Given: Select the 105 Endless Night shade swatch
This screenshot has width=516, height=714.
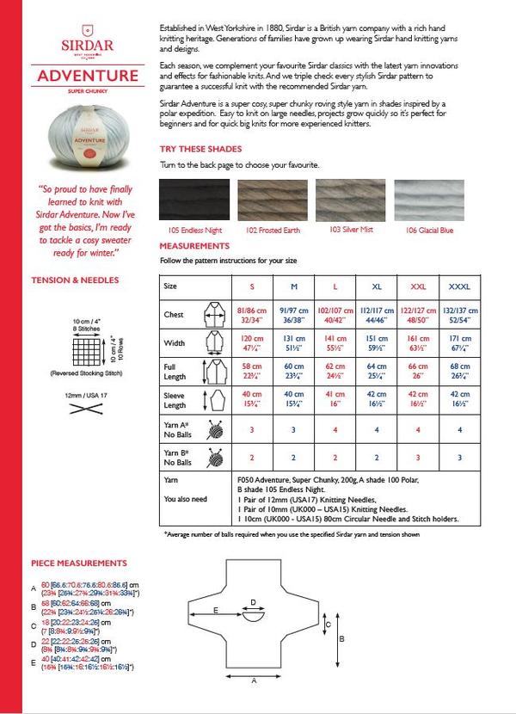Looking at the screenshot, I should click(x=194, y=200).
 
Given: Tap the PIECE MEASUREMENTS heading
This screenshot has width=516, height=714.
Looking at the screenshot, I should click(x=79, y=563).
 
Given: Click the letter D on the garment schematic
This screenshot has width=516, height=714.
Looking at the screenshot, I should click(x=252, y=601).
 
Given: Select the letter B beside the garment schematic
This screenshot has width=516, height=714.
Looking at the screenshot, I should click(x=342, y=638).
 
